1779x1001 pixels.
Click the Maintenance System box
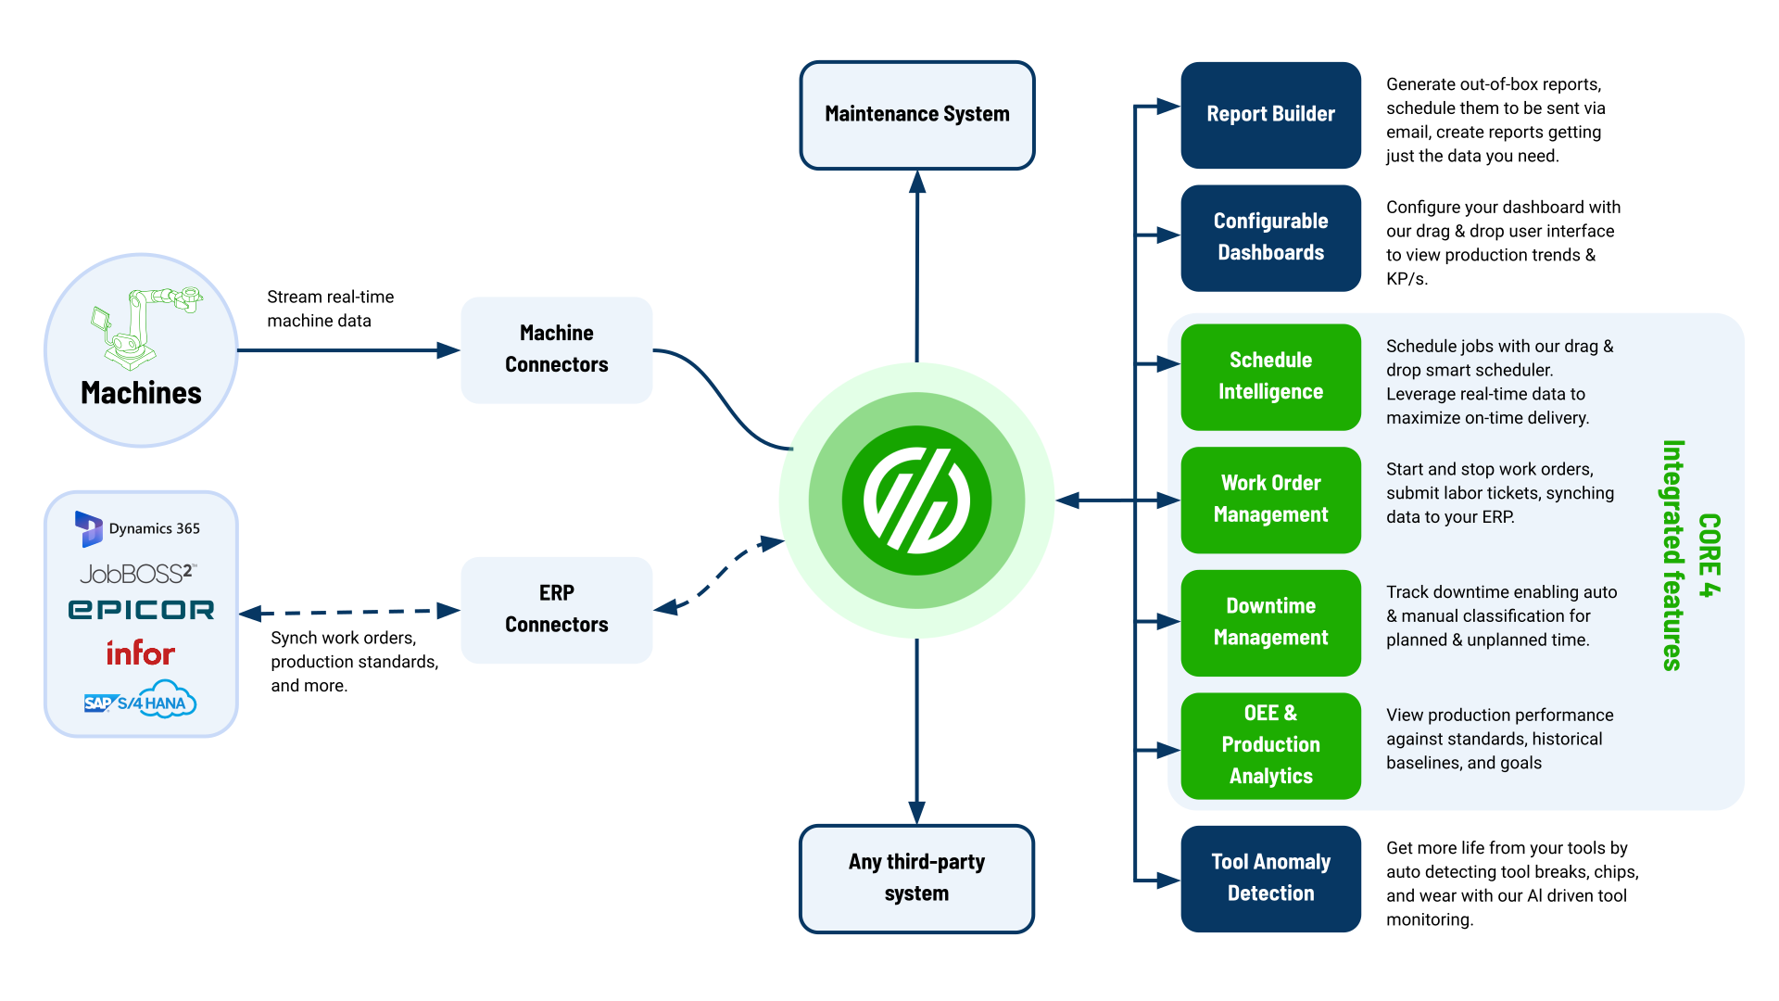(x=916, y=115)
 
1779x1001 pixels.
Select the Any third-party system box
(x=916, y=878)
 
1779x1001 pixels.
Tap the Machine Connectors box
(x=556, y=349)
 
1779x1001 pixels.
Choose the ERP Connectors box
(x=556, y=609)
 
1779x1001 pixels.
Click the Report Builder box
(x=1270, y=115)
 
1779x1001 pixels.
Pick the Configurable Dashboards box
(x=1270, y=237)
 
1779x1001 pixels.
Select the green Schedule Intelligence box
(x=1270, y=376)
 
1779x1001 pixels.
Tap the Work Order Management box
(x=1270, y=500)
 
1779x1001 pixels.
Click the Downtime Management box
(x=1270, y=622)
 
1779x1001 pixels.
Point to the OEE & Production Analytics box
(x=1270, y=745)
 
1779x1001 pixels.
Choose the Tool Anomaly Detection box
(x=1270, y=878)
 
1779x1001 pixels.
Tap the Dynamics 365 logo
(x=138, y=528)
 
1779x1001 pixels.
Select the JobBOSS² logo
(x=138, y=574)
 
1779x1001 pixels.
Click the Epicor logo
(x=141, y=610)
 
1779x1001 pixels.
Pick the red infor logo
(x=140, y=653)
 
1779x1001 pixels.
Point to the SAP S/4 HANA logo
(x=140, y=702)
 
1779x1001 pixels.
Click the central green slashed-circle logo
(x=916, y=500)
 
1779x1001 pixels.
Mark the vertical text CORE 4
(x=1710, y=555)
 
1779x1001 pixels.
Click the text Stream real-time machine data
(x=331, y=309)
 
